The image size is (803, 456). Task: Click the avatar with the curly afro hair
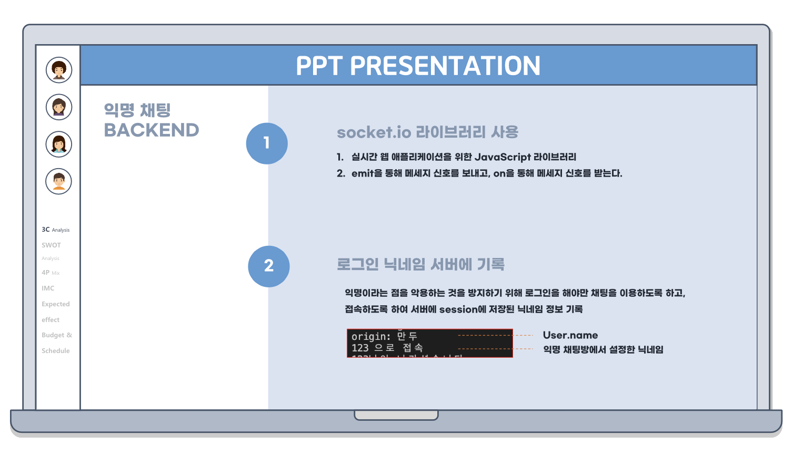[x=59, y=70]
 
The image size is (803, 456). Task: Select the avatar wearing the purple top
[x=59, y=107]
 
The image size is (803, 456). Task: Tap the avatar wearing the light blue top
[x=59, y=144]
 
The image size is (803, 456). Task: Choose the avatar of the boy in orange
[x=59, y=181]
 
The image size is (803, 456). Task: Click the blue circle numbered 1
[x=267, y=143]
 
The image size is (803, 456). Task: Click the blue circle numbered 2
[x=269, y=266]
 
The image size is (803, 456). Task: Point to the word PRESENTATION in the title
[x=445, y=66]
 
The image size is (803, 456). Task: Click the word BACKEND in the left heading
[x=152, y=130]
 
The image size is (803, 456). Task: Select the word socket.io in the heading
[x=374, y=132]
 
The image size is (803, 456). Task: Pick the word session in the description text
[x=458, y=309]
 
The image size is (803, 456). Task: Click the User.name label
[x=570, y=335]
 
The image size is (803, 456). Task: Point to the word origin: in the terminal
[x=371, y=336]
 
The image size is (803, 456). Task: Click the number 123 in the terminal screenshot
[x=360, y=348]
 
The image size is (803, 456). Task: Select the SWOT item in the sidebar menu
[x=52, y=245]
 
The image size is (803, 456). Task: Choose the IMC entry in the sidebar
[x=48, y=288]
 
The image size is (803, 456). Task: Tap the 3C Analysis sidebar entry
[x=55, y=230]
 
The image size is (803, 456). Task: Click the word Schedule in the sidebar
[x=56, y=351]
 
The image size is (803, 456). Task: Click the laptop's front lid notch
[x=396, y=416]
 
